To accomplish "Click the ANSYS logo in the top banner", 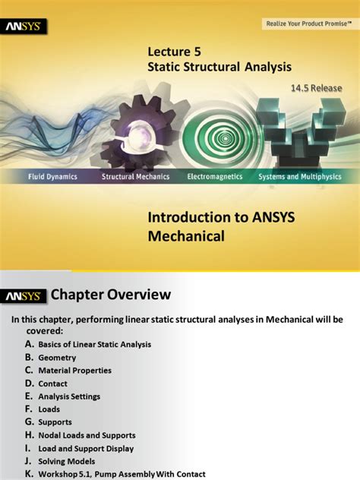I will click(x=25, y=27).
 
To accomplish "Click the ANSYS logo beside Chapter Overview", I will click(x=24, y=295).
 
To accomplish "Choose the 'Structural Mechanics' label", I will click(x=136, y=176).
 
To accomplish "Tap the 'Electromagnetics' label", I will click(x=215, y=176).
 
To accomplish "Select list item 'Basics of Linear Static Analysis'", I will click(x=95, y=344).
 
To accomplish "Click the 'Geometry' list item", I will click(x=56, y=357).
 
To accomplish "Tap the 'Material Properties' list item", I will click(x=74, y=371).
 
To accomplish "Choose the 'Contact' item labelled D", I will click(x=53, y=384).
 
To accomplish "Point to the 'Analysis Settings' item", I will click(x=69, y=396).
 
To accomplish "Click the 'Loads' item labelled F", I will click(x=49, y=409).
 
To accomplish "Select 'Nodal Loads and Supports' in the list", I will click(x=87, y=435).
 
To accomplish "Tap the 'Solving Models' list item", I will click(x=67, y=461).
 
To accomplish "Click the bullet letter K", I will click(x=29, y=474).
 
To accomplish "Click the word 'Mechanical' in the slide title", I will click(x=186, y=236).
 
